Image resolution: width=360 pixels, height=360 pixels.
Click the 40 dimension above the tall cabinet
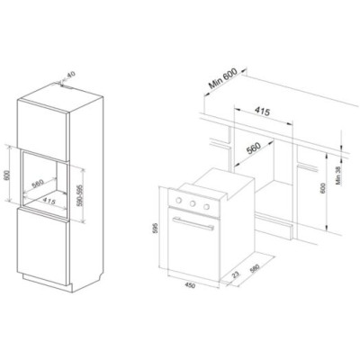point(70,75)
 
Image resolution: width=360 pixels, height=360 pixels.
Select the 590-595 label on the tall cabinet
point(79,195)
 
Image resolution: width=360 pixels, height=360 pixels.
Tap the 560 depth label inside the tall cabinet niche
point(38,183)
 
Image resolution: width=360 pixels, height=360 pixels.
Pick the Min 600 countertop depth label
point(223,78)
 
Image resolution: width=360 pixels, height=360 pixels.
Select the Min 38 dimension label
point(338,175)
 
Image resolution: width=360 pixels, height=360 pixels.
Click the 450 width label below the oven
point(190,284)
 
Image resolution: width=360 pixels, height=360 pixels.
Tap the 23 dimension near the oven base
point(237,274)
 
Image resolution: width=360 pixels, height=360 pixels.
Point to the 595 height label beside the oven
point(155,229)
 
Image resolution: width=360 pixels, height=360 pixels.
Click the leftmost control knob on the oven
point(178,200)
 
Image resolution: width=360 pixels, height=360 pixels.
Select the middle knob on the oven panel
point(193,203)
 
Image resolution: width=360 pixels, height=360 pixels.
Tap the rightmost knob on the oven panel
point(206,206)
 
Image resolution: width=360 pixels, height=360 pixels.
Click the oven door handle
point(193,224)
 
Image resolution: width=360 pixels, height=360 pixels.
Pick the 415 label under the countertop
point(262,111)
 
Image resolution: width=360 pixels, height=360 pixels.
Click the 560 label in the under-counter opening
point(253,148)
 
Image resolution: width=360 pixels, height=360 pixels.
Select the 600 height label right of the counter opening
point(323,188)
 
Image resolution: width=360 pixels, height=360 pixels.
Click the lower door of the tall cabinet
point(42,247)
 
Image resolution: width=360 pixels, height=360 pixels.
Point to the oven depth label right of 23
point(255,268)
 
